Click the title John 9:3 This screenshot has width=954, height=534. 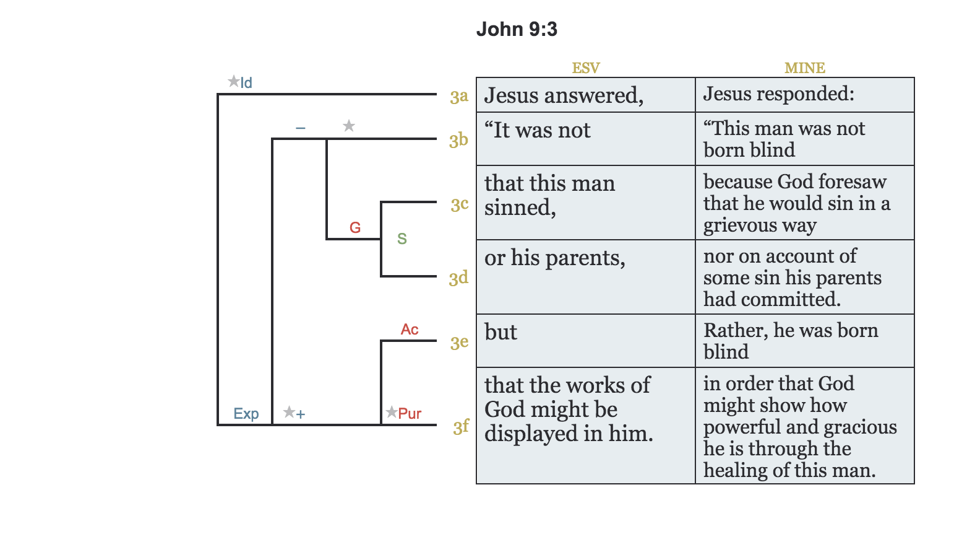click(517, 29)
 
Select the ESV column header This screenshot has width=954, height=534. click(585, 68)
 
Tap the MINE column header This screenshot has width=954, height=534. click(804, 68)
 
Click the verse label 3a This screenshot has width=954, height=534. click(459, 97)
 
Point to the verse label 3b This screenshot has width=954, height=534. click(458, 140)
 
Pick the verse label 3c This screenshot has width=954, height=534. click(459, 204)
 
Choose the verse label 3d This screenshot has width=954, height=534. click(458, 278)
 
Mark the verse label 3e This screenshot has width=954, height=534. click(459, 342)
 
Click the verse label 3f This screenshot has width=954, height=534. click(461, 427)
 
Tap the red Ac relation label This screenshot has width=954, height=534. click(410, 330)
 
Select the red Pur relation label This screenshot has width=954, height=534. click(410, 414)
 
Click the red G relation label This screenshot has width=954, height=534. click(355, 228)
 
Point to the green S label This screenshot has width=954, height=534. click(402, 239)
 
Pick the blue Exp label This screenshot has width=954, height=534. click(246, 414)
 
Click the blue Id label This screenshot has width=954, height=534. click(246, 83)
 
